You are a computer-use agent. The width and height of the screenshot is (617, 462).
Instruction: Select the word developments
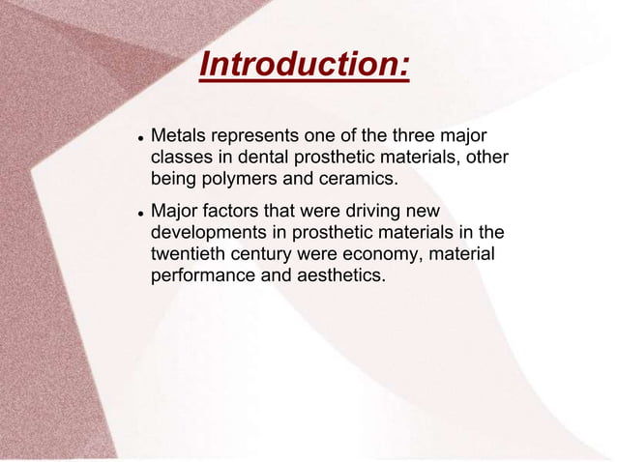coord(211,233)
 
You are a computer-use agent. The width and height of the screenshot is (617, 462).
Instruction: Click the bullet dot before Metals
coord(139,135)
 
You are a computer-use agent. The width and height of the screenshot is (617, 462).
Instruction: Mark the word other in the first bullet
coord(485,157)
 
